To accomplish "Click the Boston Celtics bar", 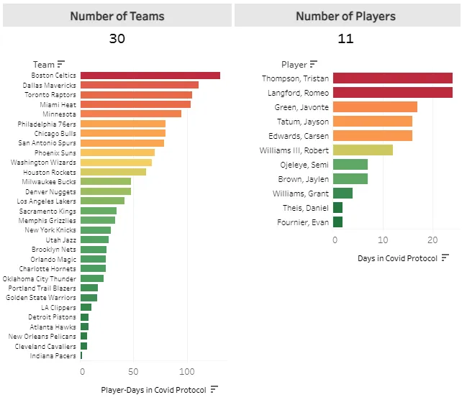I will tap(150, 76).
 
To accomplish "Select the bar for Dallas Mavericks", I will tap(139, 85).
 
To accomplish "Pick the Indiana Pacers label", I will tap(53, 355).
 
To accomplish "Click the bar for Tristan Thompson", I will tap(392, 78).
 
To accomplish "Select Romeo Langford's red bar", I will tap(392, 93).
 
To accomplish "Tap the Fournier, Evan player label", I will tap(303, 222).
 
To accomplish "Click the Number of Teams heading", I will tap(117, 16).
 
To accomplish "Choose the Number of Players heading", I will tap(345, 16).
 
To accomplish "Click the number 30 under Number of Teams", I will tap(117, 39).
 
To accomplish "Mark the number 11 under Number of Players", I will tap(345, 39).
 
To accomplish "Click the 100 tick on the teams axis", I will tap(187, 372).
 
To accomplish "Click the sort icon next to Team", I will tap(61, 64).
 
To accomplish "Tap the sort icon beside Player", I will tap(314, 64).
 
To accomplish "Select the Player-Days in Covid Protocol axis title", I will tap(154, 390).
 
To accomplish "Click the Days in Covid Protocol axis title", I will tap(397, 258).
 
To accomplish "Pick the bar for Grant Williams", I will tap(343, 194).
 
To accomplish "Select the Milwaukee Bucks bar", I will tap(105, 182).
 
